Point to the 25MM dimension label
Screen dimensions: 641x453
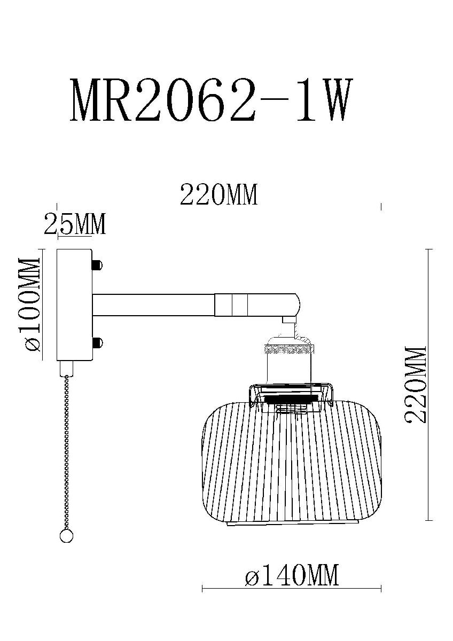pos(75,224)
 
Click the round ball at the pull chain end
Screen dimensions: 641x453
pos(66,536)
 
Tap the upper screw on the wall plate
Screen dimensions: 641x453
pos(97,264)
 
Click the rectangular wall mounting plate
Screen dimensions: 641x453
pos(75,304)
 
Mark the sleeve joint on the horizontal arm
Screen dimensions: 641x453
pos(232,304)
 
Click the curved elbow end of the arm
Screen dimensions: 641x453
pos(293,306)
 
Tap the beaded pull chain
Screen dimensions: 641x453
pos(66,454)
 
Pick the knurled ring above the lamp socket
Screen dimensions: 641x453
pos(288,349)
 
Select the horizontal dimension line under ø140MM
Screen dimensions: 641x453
pos(292,590)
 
